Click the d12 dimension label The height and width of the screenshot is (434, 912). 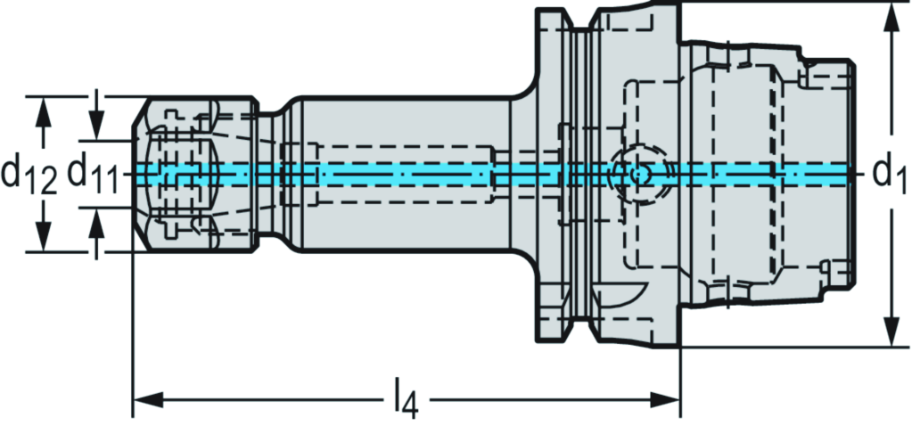pyautogui.click(x=29, y=174)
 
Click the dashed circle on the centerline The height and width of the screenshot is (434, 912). pyautogui.click(x=635, y=174)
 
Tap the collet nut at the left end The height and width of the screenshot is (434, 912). pyautogui.click(x=192, y=173)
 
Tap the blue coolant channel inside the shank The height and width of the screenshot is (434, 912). pyautogui.click(x=401, y=173)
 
